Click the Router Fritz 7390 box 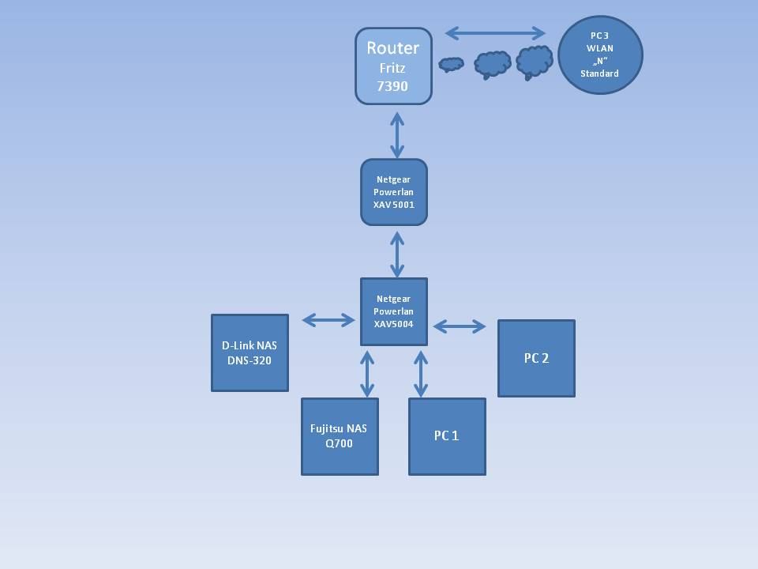tap(393, 66)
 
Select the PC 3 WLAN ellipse tap(600, 55)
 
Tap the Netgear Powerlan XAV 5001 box tap(394, 192)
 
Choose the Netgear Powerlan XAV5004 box tap(394, 311)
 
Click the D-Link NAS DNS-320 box tap(250, 352)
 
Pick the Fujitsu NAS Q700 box tap(340, 436)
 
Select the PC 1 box tap(447, 436)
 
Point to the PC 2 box tap(536, 358)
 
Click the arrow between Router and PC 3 tap(495, 33)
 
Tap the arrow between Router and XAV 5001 tap(396, 134)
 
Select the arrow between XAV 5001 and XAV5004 tap(396, 253)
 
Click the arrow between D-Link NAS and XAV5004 tap(328, 320)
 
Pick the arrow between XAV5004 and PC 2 tap(460, 326)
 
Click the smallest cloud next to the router tap(451, 64)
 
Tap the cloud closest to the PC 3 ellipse tap(534, 62)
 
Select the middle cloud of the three tap(493, 64)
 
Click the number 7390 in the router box tap(392, 86)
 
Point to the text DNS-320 tap(250, 360)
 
